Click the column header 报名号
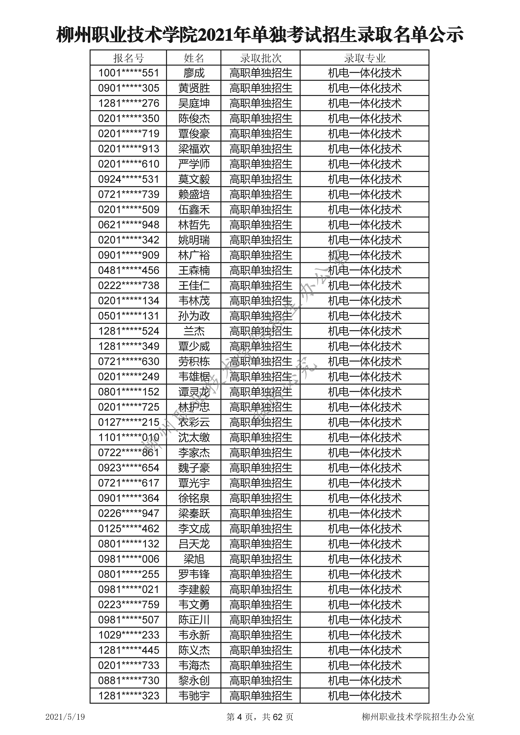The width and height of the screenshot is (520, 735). click(x=129, y=58)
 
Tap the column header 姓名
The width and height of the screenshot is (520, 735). click(x=194, y=58)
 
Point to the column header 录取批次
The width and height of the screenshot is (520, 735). click(x=260, y=58)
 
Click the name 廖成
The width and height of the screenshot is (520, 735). click(x=194, y=73)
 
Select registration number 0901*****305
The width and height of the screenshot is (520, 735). click(x=129, y=88)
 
